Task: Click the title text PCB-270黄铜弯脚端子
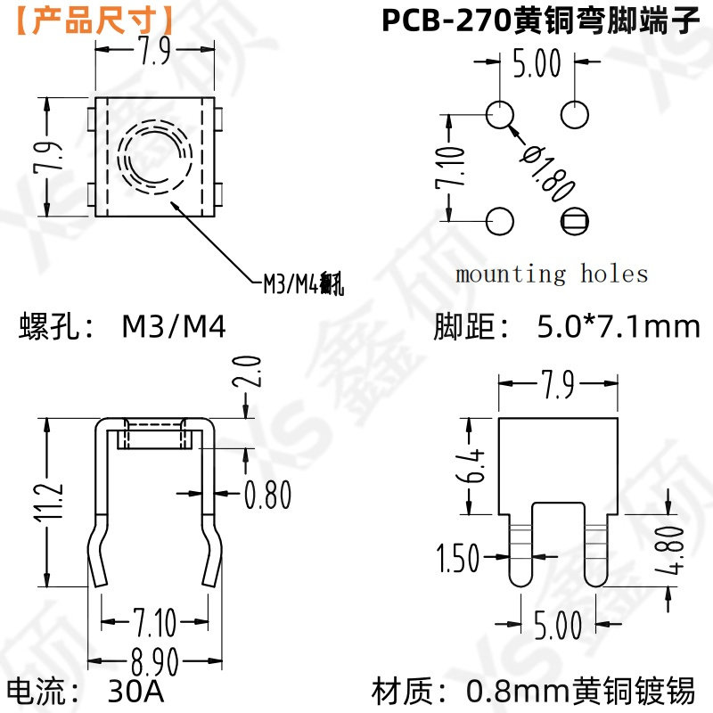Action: coord(542,20)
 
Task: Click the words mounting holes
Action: coord(552,273)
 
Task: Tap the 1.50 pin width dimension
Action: coord(458,560)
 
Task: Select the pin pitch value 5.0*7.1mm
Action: coord(619,327)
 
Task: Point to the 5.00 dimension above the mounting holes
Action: coord(537,64)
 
